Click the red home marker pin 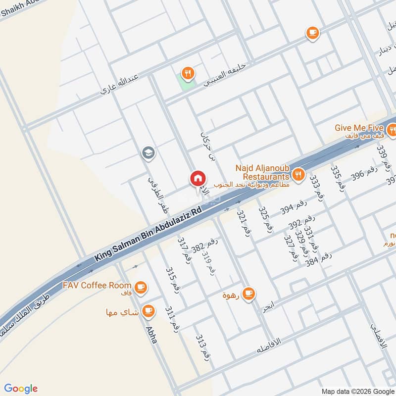tap(198, 179)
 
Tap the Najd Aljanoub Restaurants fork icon tap(298, 174)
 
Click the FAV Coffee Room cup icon tap(141, 287)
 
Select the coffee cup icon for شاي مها tap(148, 311)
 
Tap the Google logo tap(21, 389)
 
